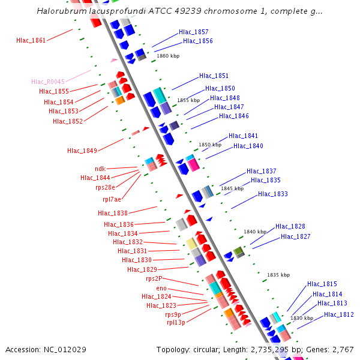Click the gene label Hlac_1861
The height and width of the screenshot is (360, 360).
31,40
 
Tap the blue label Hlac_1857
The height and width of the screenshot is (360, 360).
193,32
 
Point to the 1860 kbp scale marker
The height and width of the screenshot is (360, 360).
168,56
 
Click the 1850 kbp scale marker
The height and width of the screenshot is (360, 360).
210,145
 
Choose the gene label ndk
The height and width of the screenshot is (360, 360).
100,169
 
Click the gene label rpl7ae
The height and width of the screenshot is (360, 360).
112,199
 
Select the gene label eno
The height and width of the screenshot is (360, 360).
161,288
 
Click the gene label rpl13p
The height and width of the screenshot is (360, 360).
176,322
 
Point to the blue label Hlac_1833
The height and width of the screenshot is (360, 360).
272,194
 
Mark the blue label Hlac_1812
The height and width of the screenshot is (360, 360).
338,314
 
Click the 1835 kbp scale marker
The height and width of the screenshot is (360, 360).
278,275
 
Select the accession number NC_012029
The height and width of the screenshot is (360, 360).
64,349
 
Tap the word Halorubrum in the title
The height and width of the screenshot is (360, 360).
61,11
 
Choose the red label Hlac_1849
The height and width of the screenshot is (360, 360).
82,151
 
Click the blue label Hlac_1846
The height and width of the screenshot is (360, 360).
233,116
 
